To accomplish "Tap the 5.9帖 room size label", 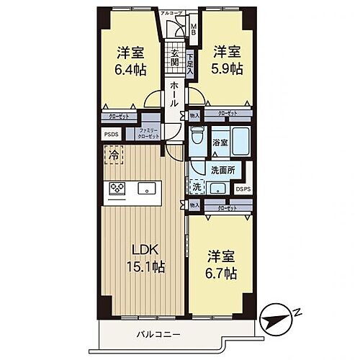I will (x=227, y=68).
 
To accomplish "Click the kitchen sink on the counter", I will (x=145, y=190).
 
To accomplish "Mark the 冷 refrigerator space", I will (x=112, y=153).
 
